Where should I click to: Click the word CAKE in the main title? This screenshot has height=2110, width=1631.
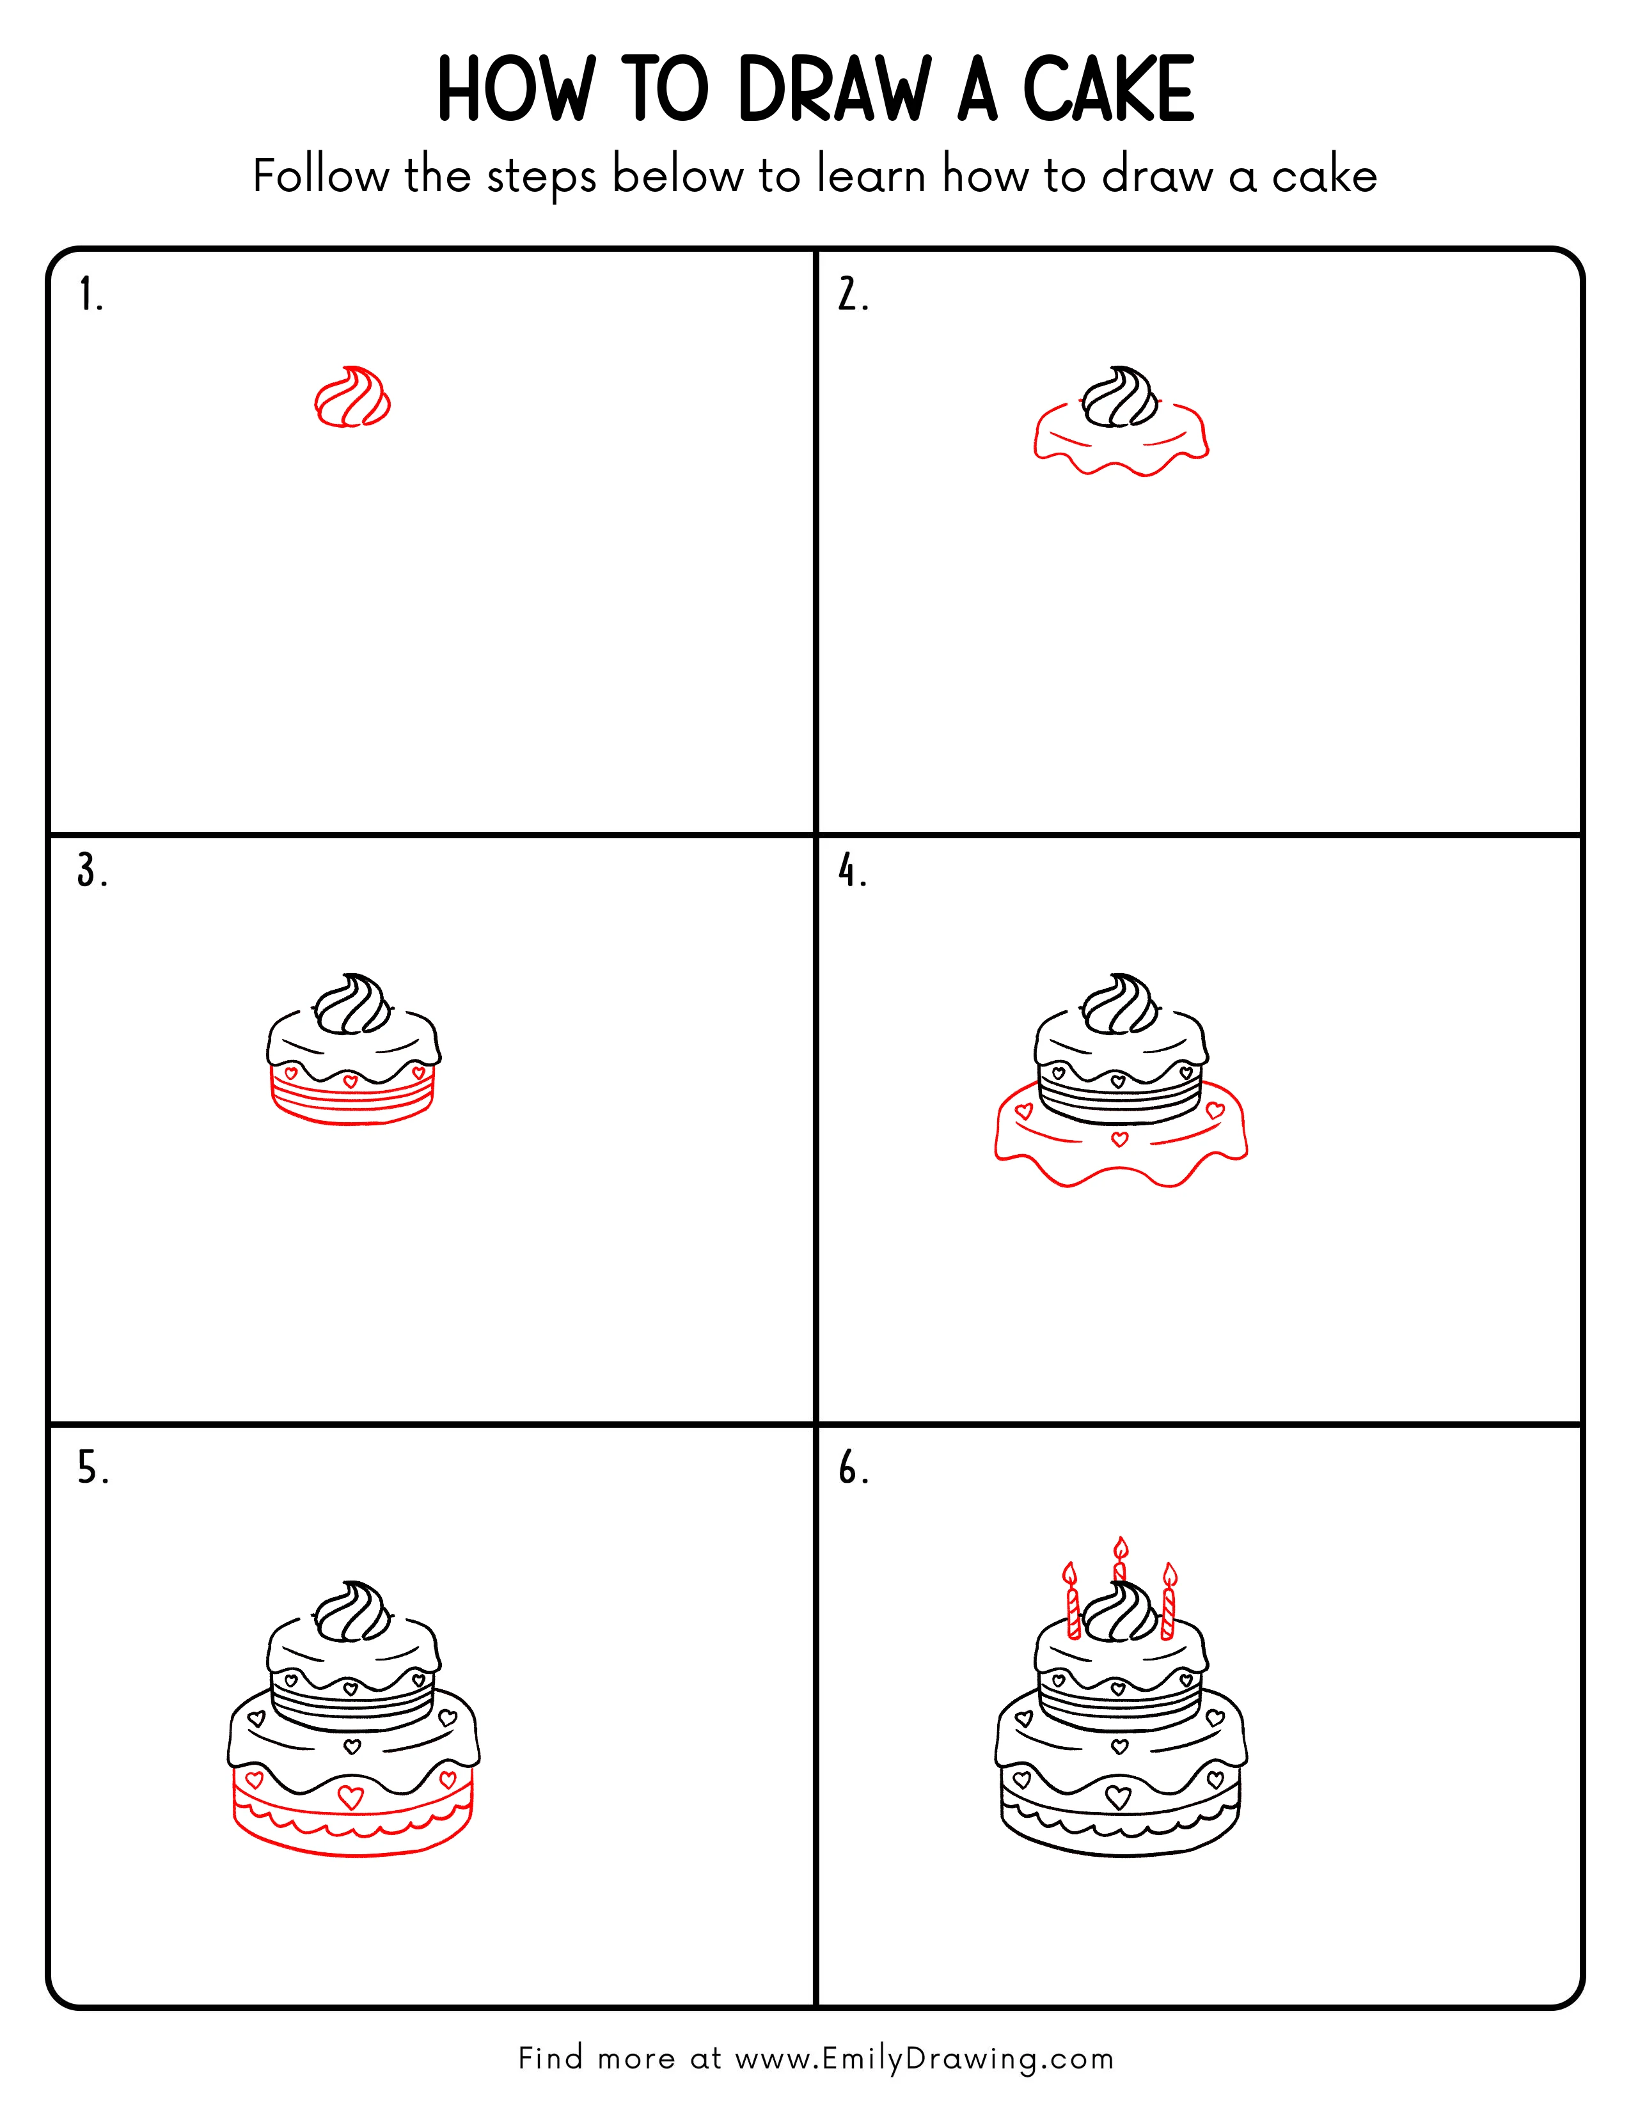click(1108, 90)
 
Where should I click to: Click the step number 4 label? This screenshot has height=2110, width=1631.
click(851, 870)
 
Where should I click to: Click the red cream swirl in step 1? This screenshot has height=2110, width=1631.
click(352, 397)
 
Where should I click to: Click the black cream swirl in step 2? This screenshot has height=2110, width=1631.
click(1120, 397)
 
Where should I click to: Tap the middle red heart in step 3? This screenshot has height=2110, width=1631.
click(351, 1081)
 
